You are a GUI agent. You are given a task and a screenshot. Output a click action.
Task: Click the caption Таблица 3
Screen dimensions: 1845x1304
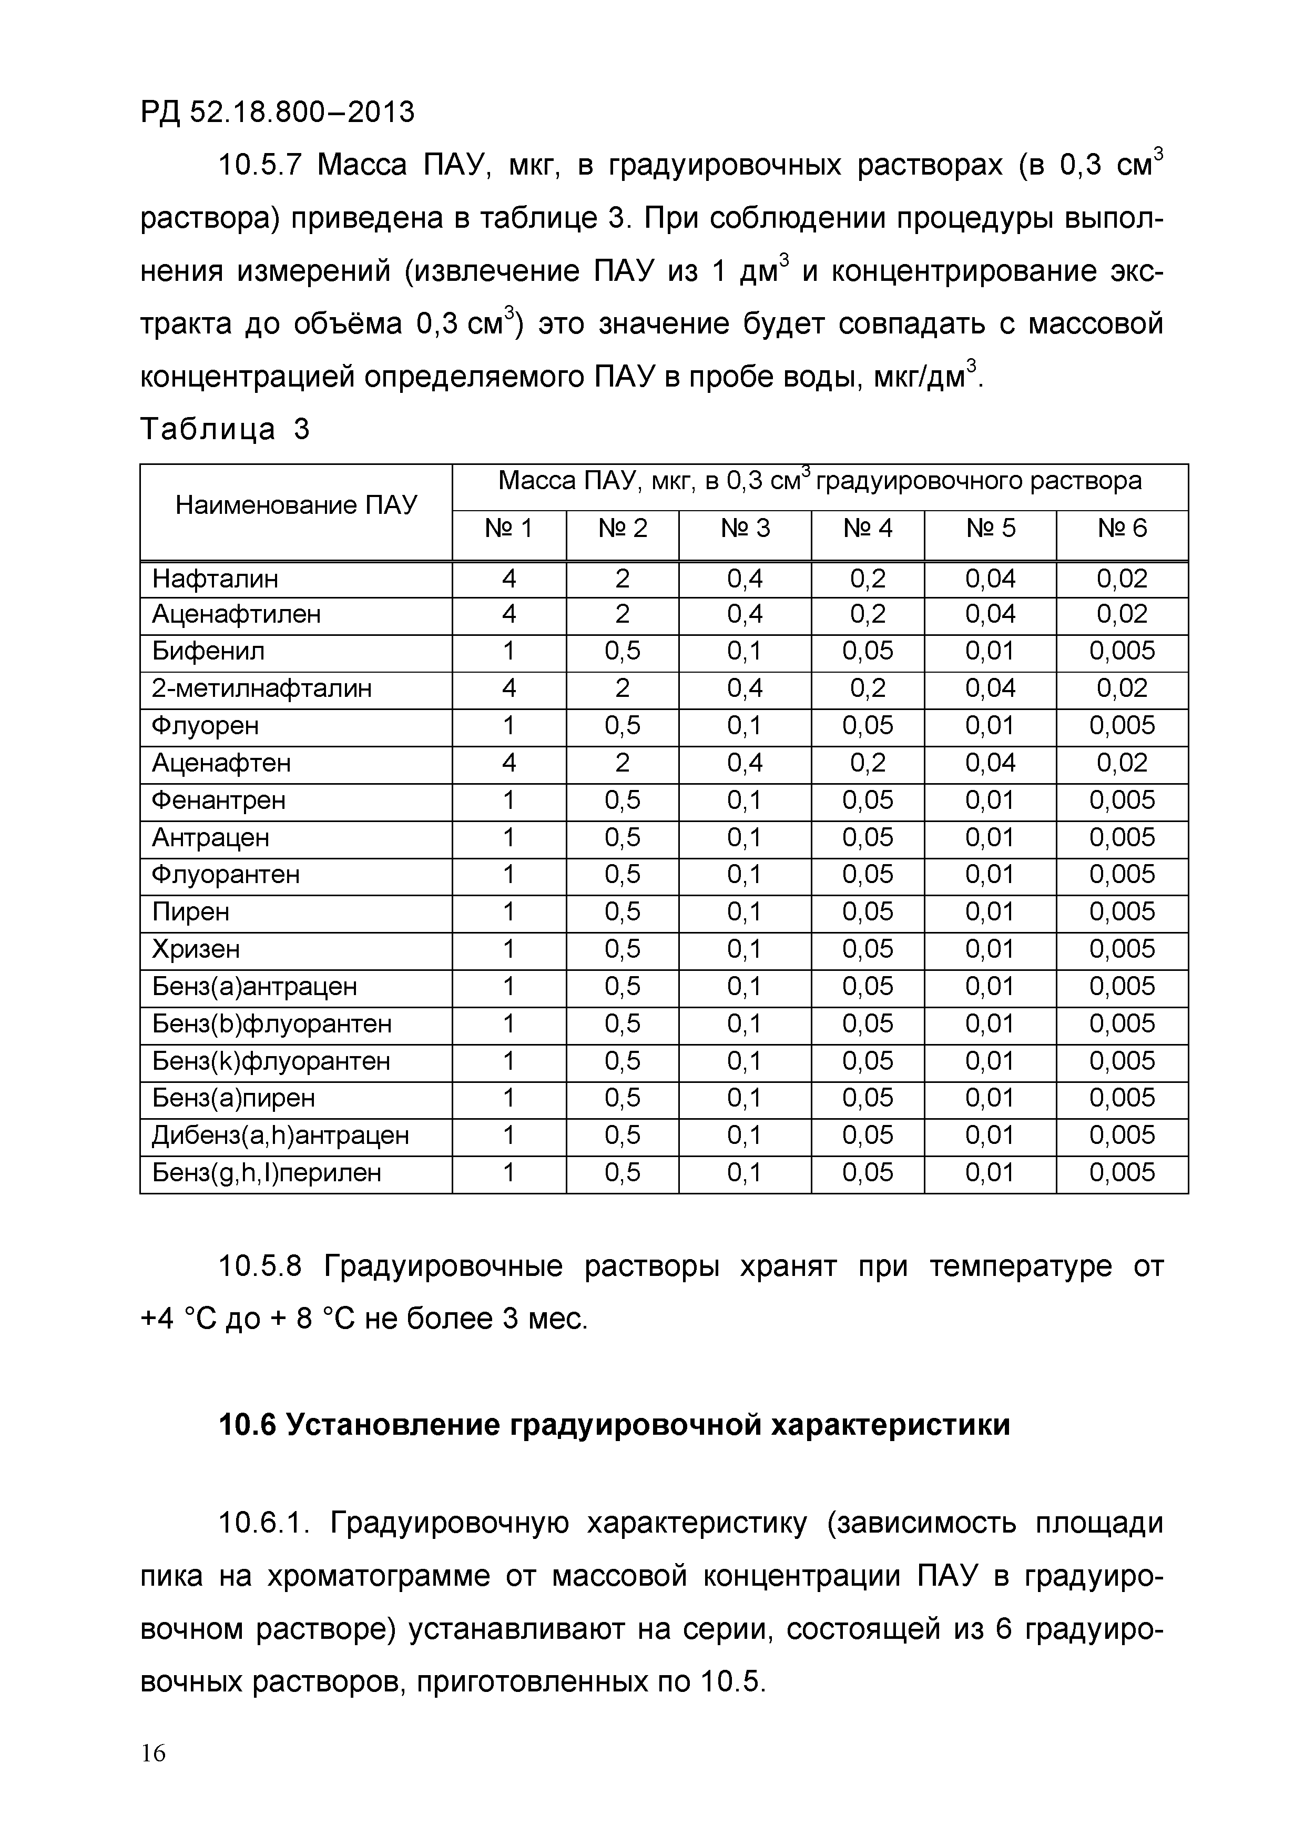(x=224, y=429)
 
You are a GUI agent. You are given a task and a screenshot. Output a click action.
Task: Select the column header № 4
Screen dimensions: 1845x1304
(x=868, y=529)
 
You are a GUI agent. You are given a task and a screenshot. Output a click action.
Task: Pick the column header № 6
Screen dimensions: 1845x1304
(x=1122, y=529)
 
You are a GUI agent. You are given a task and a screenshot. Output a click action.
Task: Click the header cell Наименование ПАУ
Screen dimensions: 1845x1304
(x=296, y=505)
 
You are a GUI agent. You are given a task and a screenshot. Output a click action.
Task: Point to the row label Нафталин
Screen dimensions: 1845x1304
(x=216, y=579)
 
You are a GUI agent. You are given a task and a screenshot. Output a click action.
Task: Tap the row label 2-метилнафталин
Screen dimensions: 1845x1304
(x=262, y=688)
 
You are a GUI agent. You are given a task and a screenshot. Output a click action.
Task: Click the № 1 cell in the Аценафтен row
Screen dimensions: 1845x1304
(x=508, y=763)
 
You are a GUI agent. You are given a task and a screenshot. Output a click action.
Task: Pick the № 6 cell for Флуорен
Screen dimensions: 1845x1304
(x=1122, y=726)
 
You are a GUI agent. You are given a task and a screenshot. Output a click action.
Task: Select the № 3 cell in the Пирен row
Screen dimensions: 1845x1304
(x=745, y=912)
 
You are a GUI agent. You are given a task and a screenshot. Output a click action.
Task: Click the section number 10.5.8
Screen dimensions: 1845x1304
(x=260, y=1267)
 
